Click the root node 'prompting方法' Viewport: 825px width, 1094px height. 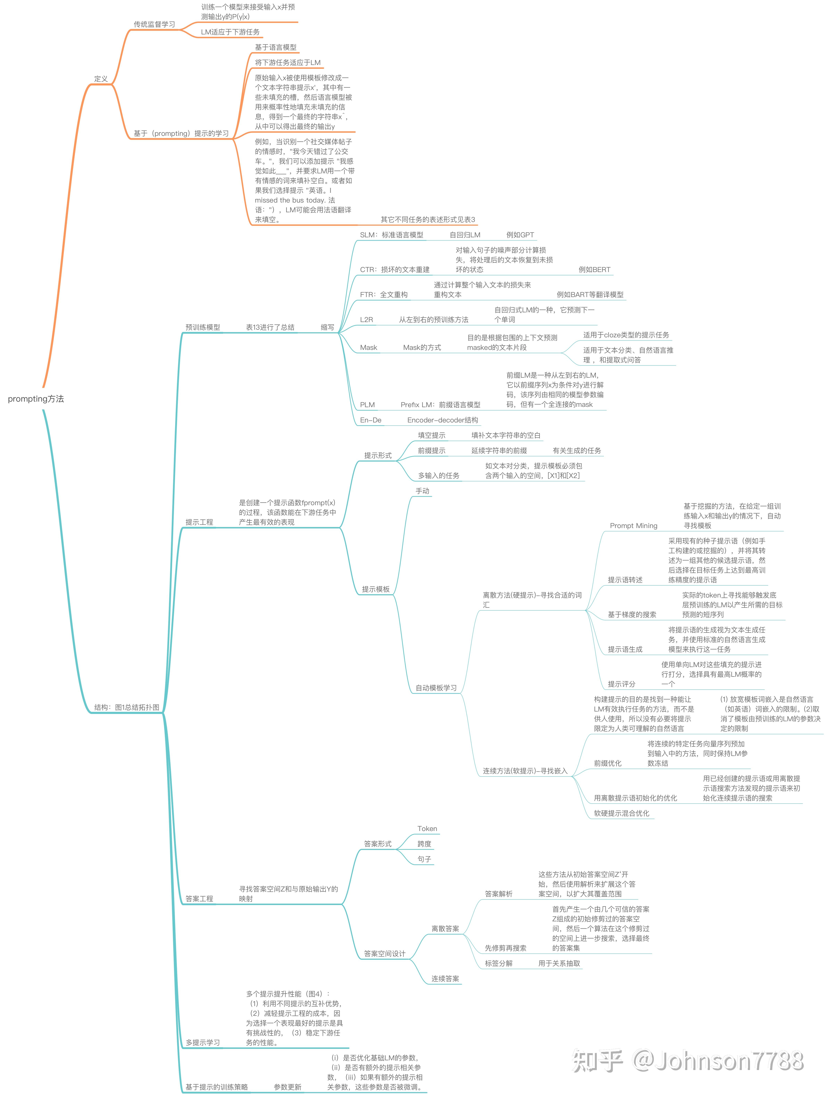click(x=36, y=399)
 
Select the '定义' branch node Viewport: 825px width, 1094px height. click(x=101, y=79)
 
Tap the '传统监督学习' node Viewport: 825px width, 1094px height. click(x=154, y=24)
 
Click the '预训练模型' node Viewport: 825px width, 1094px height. click(x=203, y=327)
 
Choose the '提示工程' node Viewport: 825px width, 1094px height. click(x=199, y=522)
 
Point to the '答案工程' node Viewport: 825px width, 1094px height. click(x=199, y=899)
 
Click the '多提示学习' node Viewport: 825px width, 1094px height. click(x=203, y=1043)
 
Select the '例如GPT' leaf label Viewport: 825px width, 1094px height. click(x=520, y=235)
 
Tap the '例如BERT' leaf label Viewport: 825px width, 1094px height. click(x=595, y=270)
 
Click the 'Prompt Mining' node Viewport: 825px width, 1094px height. click(x=634, y=526)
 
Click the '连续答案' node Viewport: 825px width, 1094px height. click(x=445, y=979)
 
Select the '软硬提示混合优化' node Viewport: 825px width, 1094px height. click(x=622, y=813)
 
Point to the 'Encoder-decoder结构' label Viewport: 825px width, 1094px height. click(x=443, y=420)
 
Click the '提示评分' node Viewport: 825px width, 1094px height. click(x=622, y=684)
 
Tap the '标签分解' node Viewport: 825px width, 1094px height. click(x=499, y=963)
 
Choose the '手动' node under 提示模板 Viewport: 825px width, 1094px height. click(x=422, y=491)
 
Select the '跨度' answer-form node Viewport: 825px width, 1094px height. click(x=424, y=844)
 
